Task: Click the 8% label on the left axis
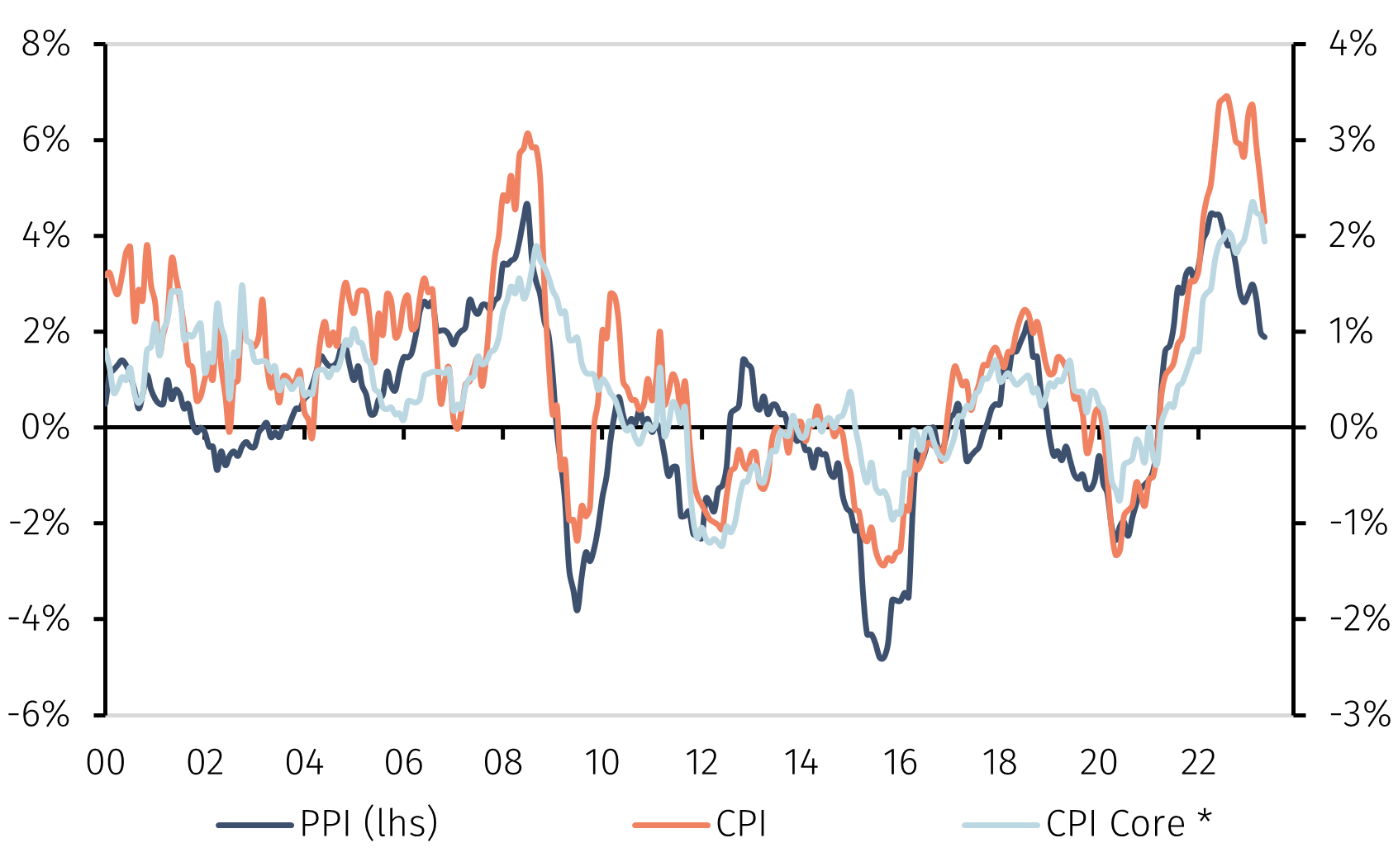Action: click(x=46, y=44)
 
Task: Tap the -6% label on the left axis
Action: click(x=40, y=714)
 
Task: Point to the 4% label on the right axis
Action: click(x=1352, y=44)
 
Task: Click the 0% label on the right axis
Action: click(x=1353, y=427)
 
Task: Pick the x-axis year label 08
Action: click(x=502, y=763)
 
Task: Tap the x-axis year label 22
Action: click(x=1198, y=763)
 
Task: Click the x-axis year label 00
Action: click(x=106, y=763)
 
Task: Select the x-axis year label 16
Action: click(x=900, y=763)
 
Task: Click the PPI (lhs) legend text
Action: click(x=369, y=824)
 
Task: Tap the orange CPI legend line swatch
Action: click(x=671, y=825)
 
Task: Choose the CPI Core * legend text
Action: click(x=1115, y=824)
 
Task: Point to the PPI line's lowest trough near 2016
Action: click(x=882, y=658)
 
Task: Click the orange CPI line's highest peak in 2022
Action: click(x=1225, y=97)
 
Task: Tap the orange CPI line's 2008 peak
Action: click(x=528, y=134)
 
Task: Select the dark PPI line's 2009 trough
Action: click(x=577, y=609)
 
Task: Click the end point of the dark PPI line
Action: click(x=1265, y=336)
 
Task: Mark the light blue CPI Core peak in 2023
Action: click(x=1253, y=201)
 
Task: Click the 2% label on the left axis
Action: click(x=46, y=331)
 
